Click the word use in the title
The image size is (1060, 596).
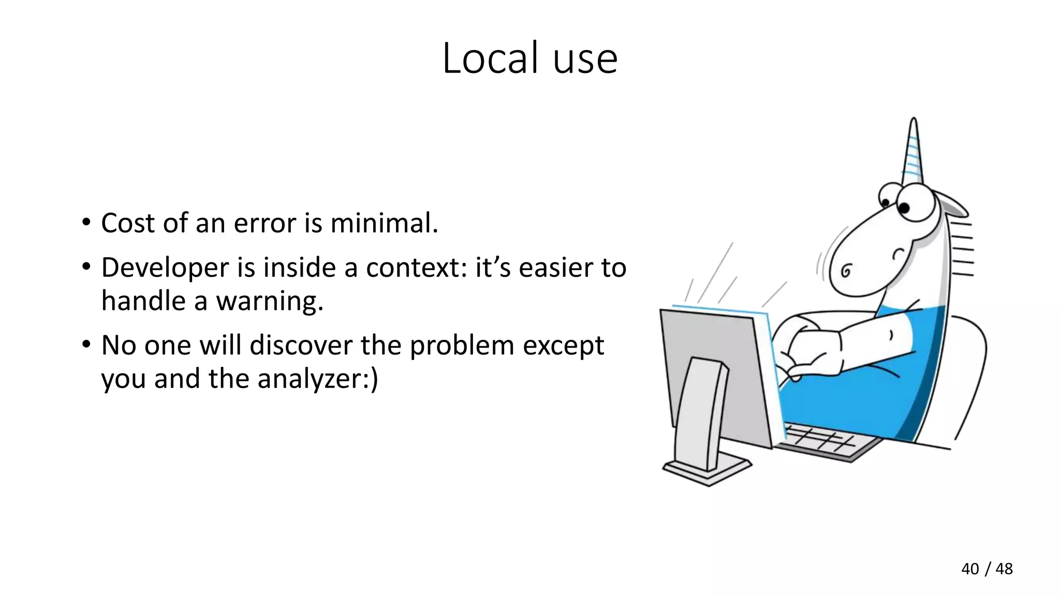pos(585,59)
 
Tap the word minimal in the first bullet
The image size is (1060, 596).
pos(384,223)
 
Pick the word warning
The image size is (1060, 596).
pos(269,301)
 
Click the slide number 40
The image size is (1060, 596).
pos(970,569)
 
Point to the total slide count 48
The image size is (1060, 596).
pos(1004,569)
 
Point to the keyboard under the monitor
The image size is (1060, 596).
pos(828,442)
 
